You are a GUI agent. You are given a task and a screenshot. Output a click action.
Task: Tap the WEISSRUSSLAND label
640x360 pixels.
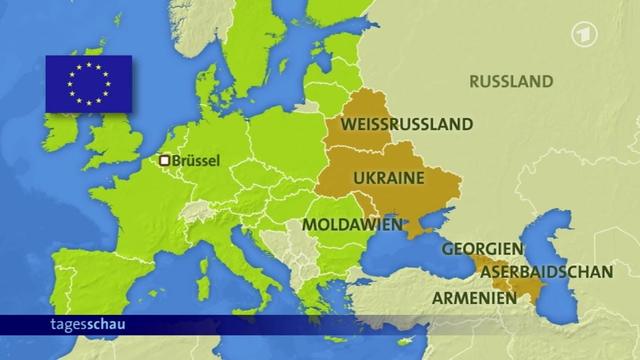[x=405, y=128]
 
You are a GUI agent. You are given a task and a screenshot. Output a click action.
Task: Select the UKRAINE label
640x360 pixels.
[x=387, y=178]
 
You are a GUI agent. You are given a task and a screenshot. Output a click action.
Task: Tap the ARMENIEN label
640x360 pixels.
[x=474, y=297]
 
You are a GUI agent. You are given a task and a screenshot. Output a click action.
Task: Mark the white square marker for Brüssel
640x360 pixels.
[x=165, y=159]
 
